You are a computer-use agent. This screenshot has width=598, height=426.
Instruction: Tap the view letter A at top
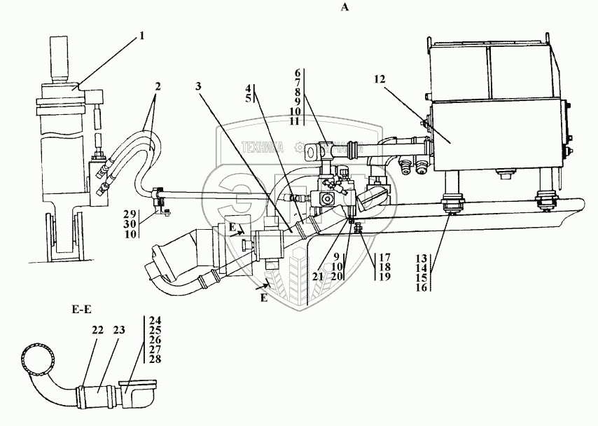tap(344, 7)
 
